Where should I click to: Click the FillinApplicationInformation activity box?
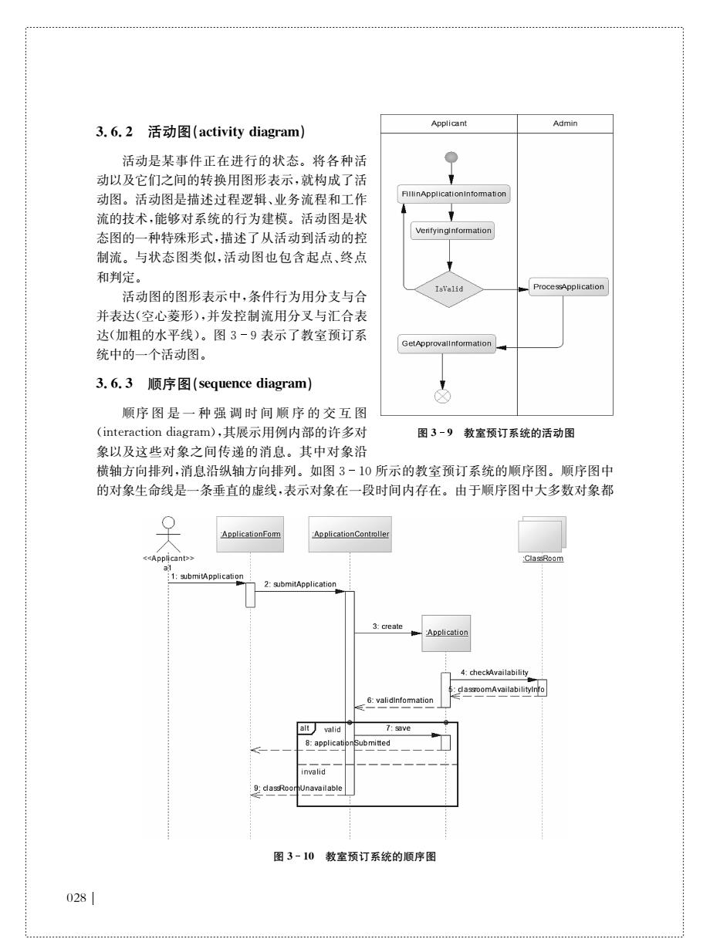[453, 194]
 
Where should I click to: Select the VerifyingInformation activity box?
[452, 231]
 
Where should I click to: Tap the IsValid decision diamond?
[449, 289]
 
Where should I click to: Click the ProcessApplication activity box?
[569, 287]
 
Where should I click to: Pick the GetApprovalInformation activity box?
[447, 343]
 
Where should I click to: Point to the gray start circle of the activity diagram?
[451, 157]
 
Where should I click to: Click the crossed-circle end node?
[442, 396]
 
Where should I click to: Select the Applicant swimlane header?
[449, 123]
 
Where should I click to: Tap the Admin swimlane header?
[565, 123]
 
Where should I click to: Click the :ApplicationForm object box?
[250, 534]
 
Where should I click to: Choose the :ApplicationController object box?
[350, 534]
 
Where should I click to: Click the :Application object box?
[446, 633]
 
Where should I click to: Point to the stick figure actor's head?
[168, 522]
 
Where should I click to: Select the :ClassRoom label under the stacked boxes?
[543, 558]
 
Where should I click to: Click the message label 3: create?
[387, 626]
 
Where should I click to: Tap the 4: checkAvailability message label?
[494, 672]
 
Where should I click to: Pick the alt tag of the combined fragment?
[305, 728]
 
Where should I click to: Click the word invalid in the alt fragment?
[313, 772]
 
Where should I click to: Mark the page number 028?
[76, 898]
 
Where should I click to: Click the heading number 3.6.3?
[114, 383]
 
